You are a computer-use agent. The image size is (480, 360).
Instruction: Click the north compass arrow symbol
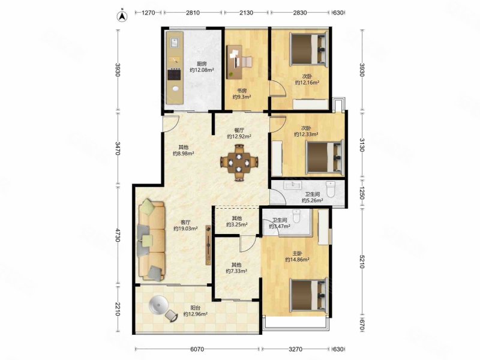tap(123, 16)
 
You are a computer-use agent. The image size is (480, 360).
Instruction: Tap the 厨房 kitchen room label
tap(202, 64)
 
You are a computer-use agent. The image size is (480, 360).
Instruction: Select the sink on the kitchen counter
tap(175, 43)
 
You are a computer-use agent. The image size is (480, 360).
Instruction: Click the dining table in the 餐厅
tap(239, 162)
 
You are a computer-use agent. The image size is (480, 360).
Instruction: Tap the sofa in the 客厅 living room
tap(152, 240)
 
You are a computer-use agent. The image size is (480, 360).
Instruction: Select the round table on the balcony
tap(158, 305)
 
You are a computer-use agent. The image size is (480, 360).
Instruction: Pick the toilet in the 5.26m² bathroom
tap(331, 189)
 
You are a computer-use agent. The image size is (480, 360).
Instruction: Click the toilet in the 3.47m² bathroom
tap(296, 216)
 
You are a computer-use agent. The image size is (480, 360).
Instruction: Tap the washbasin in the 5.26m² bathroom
tap(293, 185)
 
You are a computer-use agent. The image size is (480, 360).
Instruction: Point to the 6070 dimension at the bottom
tap(197, 349)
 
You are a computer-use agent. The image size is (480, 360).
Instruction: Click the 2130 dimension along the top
tap(247, 13)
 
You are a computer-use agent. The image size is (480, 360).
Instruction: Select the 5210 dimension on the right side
tap(362, 261)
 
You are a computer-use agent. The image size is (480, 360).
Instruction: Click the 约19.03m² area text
tap(185, 229)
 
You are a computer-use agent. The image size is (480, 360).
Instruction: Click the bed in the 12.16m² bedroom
tap(310, 49)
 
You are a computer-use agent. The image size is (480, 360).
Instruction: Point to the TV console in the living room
tap(208, 245)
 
